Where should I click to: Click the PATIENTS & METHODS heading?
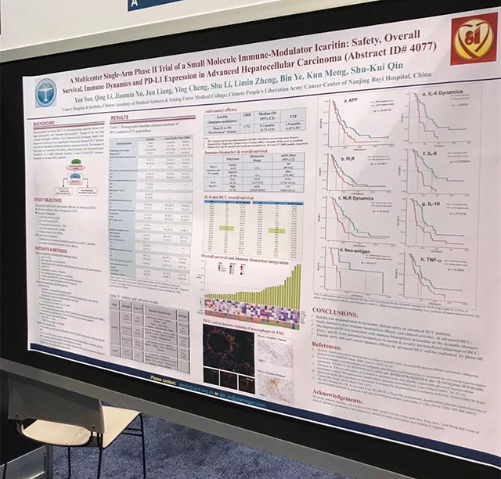pos(54,248)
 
